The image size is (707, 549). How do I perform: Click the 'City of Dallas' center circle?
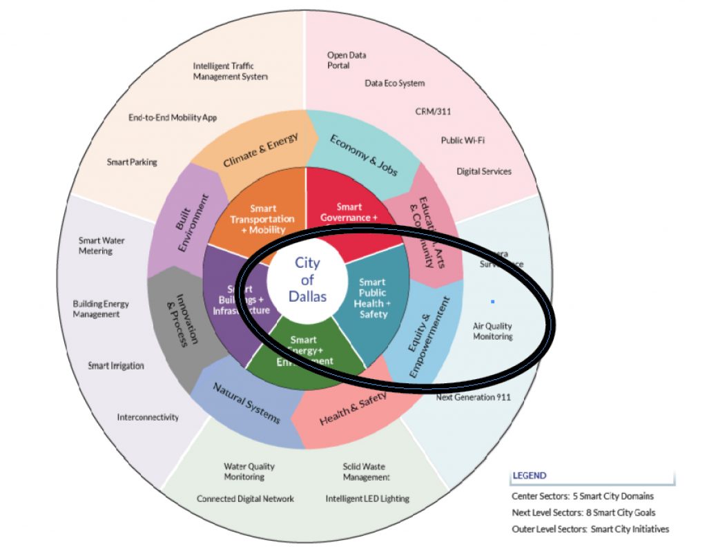307,280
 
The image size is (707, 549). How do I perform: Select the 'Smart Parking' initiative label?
132,162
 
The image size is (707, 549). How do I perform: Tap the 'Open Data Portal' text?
347,60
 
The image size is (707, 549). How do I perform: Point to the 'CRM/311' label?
434,111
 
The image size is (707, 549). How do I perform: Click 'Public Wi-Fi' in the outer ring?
463,140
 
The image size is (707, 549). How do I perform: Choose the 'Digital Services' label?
484,171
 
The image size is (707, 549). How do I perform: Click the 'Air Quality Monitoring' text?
492,331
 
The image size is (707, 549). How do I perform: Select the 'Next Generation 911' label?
473,397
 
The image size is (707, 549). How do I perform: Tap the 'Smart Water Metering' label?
101,246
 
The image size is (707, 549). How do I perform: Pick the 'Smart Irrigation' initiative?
116,366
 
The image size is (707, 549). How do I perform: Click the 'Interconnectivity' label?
148,417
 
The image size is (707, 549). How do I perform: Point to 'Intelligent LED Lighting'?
367,499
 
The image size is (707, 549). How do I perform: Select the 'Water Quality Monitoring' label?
249,472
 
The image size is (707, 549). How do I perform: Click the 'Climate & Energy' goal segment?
260,151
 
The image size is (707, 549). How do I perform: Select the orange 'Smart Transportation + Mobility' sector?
253,218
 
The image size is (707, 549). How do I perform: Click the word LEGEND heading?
529,476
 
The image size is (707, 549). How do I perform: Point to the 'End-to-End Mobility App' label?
173,118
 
